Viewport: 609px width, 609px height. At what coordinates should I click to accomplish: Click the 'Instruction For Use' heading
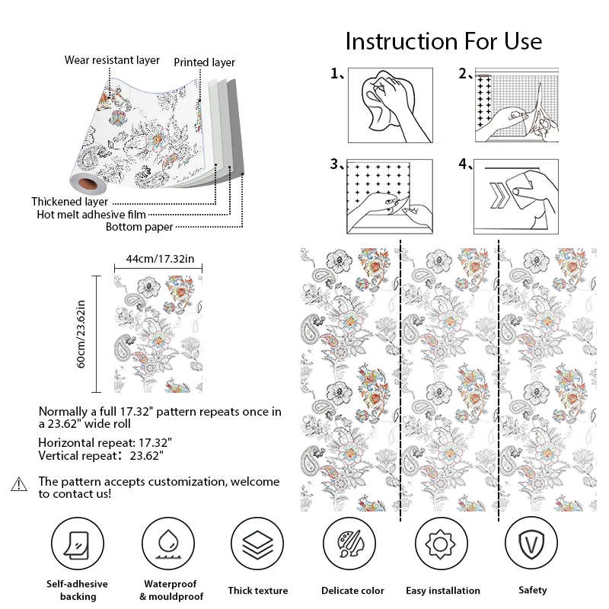point(443,40)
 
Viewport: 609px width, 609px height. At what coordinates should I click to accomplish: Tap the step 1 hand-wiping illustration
point(391,104)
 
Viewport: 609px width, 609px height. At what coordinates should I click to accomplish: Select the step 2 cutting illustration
point(518,104)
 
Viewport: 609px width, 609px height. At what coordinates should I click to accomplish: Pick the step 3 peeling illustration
point(391,196)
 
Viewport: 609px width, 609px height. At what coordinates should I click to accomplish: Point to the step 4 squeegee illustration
point(518,196)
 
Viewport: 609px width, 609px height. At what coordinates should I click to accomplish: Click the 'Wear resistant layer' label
point(112,59)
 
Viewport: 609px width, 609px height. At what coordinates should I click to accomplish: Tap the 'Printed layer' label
point(205,62)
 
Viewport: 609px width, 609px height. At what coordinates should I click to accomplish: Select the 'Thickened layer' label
point(69,202)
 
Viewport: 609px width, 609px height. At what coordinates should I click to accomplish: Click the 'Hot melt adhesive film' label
point(91,215)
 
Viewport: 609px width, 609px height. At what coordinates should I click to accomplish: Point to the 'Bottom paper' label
point(139,226)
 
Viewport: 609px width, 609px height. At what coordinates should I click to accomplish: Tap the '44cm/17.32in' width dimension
point(160,260)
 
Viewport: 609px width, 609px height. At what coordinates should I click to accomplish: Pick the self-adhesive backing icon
point(78,544)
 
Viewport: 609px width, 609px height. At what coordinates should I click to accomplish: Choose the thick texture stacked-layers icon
point(258,544)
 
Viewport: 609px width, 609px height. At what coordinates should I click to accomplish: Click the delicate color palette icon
point(349,544)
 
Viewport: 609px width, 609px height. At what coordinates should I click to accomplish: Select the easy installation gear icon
point(441,544)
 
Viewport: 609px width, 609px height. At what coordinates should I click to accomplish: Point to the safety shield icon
point(532,544)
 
